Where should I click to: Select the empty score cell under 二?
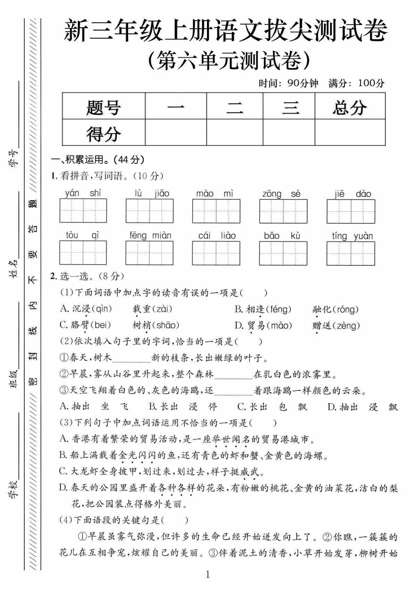point(234,132)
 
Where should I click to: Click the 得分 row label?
point(103,133)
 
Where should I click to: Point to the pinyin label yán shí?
point(83,193)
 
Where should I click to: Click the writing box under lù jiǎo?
point(149,211)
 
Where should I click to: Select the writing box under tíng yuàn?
point(351,253)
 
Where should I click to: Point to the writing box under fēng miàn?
point(149,253)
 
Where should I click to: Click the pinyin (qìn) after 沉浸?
point(102,308)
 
